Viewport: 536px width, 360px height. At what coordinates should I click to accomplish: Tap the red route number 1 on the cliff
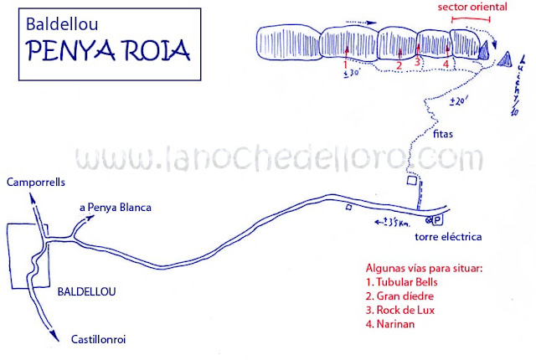345,64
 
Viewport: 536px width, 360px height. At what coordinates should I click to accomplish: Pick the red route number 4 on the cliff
446,64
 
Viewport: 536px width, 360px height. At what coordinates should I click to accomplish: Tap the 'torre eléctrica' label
448,237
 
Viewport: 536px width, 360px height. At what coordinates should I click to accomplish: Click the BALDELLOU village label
88,292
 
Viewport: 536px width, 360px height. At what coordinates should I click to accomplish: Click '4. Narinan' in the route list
394,324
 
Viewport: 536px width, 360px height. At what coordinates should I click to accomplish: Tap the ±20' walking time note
459,101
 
